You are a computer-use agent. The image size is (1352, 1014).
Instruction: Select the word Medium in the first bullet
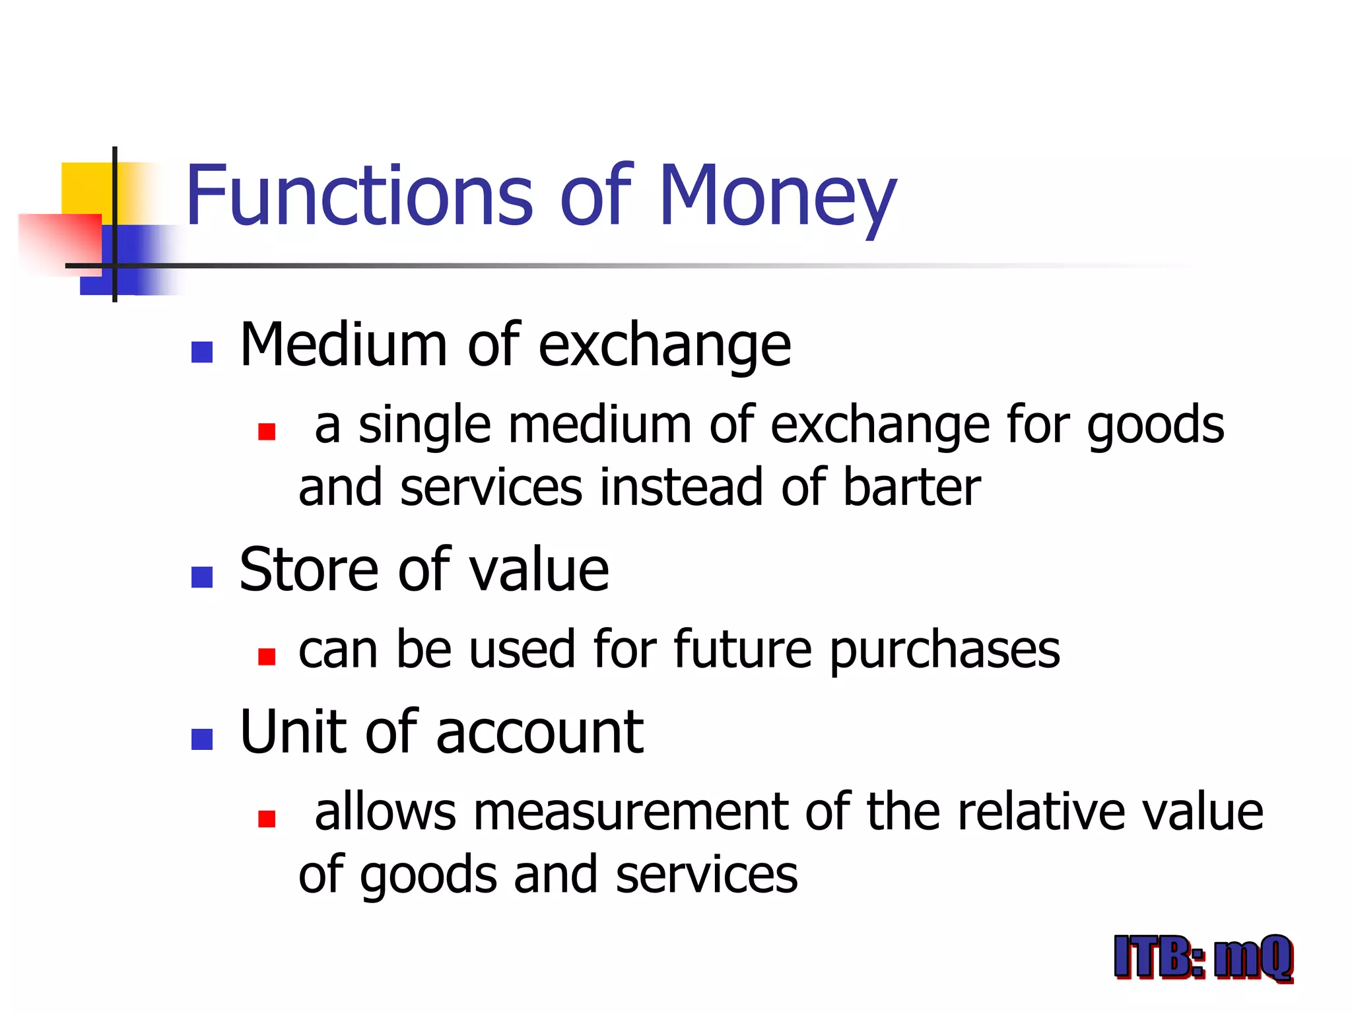click(x=343, y=345)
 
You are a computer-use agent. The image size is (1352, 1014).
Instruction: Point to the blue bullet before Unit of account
click(x=202, y=739)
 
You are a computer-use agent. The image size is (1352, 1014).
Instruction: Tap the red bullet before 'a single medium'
click(x=267, y=432)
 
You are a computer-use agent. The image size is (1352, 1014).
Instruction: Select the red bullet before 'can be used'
click(x=267, y=656)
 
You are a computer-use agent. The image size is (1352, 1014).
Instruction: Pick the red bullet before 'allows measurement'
click(x=267, y=819)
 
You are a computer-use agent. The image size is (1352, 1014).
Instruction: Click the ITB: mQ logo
click(x=1203, y=957)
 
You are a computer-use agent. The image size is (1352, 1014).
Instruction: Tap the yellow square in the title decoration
click(x=86, y=188)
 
